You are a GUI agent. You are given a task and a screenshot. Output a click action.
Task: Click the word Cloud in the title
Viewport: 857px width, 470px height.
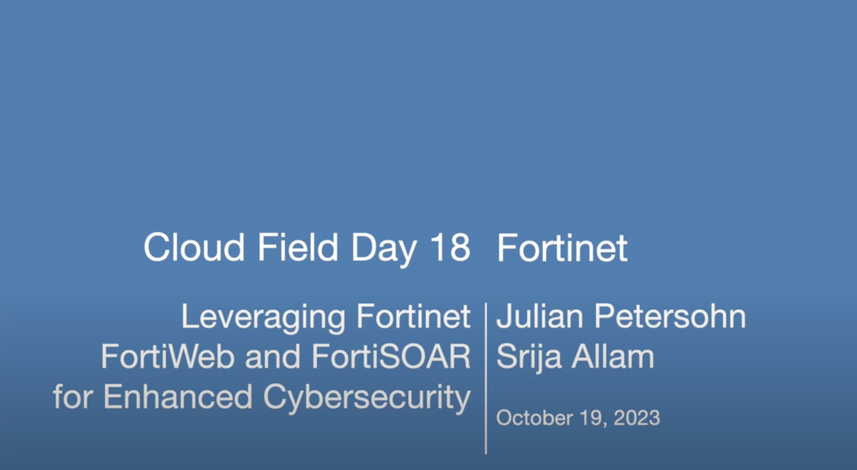194,247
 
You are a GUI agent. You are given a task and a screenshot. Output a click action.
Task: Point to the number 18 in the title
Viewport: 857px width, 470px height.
450,247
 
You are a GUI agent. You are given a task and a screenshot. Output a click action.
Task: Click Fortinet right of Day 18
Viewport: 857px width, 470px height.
562,247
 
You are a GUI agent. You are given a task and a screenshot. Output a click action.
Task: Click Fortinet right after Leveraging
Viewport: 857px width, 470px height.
414,316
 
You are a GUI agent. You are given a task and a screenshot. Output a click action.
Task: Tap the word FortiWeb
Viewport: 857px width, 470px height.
167,357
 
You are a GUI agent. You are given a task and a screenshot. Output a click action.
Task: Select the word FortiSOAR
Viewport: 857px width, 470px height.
392,357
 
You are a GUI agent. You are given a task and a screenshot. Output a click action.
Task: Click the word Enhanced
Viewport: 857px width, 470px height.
178,397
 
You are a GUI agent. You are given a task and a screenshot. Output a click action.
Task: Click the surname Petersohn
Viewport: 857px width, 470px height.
670,316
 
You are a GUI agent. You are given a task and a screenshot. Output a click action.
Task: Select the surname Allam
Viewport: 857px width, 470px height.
612,357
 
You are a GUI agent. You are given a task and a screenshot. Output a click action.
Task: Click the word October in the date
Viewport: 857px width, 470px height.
527,418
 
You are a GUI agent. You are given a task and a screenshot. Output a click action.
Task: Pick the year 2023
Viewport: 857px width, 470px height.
636,418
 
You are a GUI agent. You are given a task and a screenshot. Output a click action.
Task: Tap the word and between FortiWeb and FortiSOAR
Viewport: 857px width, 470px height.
272,357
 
